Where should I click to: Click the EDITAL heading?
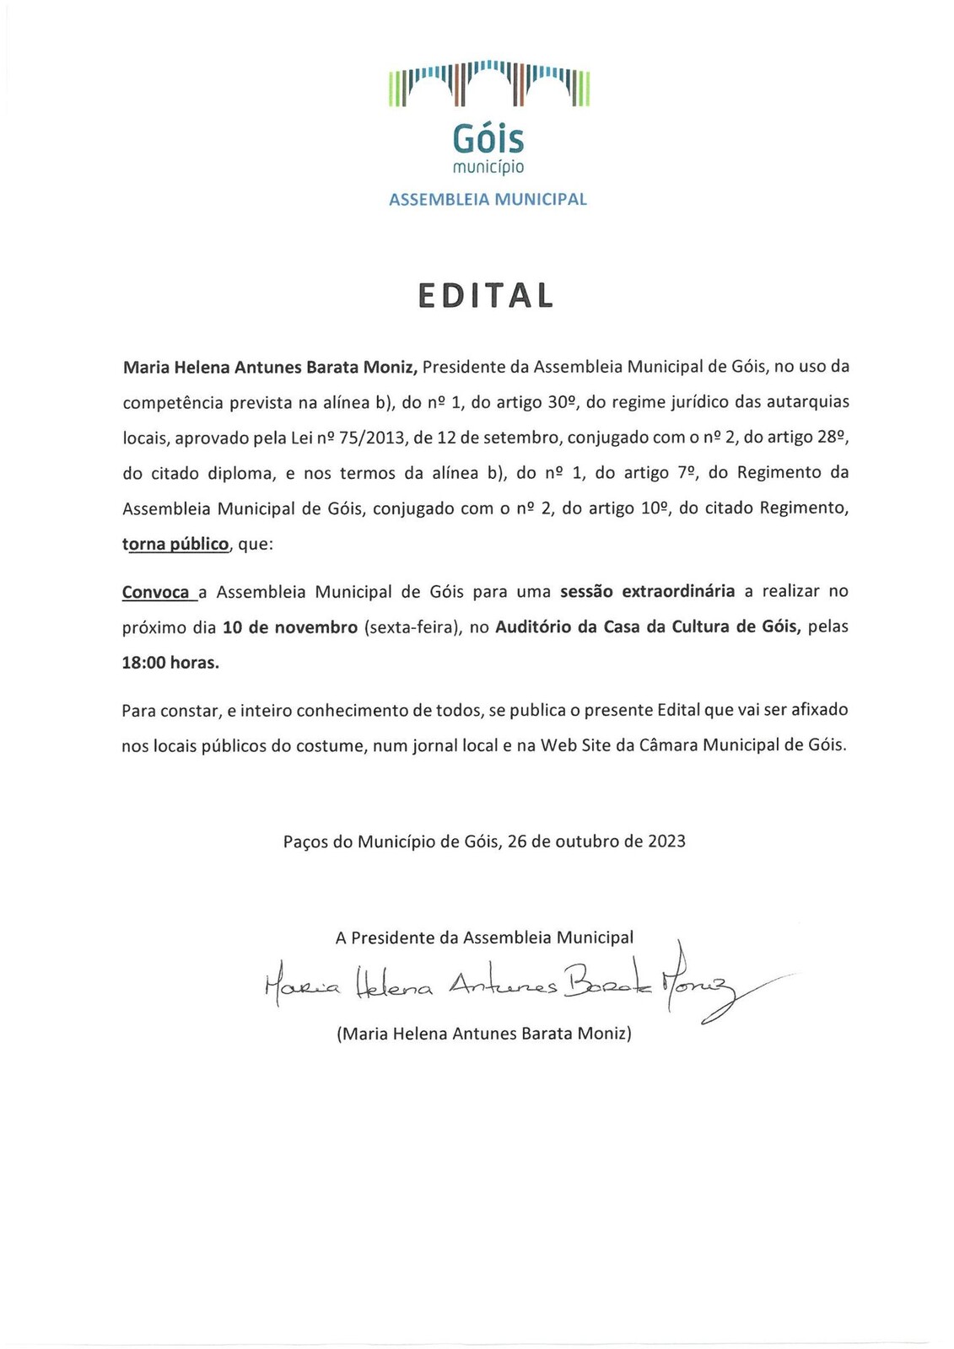click(x=486, y=295)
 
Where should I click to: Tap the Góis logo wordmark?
click(x=488, y=137)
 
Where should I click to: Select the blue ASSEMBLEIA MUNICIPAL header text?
click(x=488, y=200)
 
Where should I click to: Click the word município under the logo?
click(x=488, y=167)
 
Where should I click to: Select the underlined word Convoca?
click(x=156, y=592)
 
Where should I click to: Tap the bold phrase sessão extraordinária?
click(x=648, y=591)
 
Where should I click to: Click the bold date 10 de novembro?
click(x=290, y=627)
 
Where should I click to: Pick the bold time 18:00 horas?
click(x=170, y=663)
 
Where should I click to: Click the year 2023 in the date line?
click(x=666, y=841)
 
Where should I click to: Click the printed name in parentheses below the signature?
click(x=484, y=1034)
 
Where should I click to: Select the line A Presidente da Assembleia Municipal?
click(x=484, y=938)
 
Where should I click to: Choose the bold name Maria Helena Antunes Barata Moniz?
click(x=270, y=367)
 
